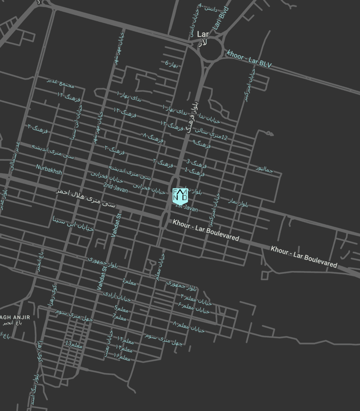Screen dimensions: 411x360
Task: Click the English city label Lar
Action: [203, 34]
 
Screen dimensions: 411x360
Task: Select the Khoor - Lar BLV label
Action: [249, 59]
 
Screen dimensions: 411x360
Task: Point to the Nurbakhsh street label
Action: [49, 169]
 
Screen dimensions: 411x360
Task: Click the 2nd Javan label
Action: [116, 188]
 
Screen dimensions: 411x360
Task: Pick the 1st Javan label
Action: [187, 208]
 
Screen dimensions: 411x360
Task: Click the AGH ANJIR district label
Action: [15, 317]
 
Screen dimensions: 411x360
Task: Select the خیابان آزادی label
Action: [117, 297]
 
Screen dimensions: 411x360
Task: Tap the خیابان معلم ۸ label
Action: [189, 327]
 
